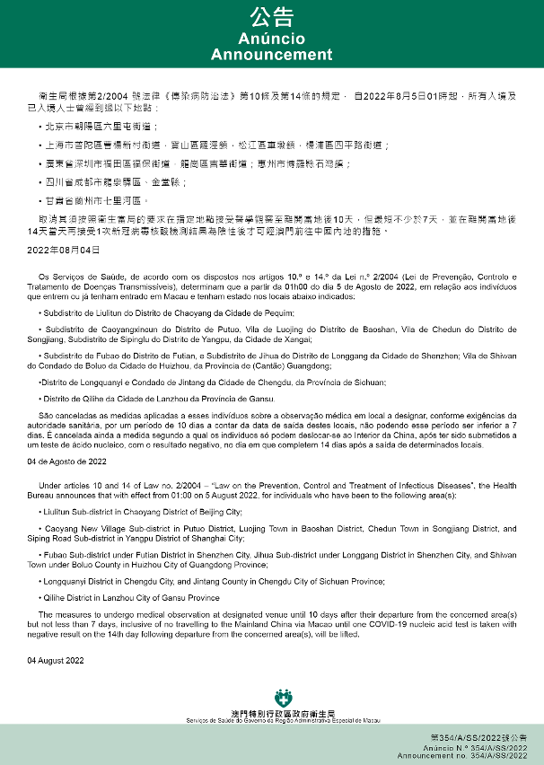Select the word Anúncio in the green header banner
(271, 40)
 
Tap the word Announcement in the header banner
(271, 55)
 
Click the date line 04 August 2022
(55, 660)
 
